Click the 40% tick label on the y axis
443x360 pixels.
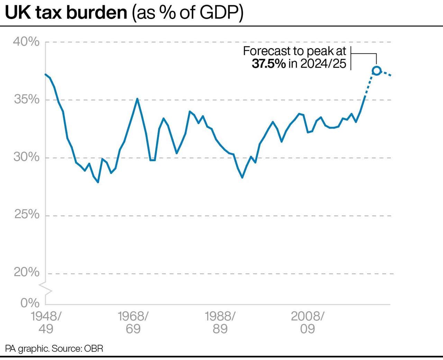point(26,42)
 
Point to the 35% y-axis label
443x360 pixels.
point(27,100)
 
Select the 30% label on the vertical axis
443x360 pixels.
point(27,157)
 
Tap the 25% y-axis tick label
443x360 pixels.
point(27,215)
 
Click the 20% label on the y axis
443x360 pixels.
point(27,272)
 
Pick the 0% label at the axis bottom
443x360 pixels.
point(30,303)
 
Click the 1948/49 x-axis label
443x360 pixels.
point(46,322)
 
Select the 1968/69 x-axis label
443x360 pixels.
point(133,322)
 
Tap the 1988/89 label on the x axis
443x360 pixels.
point(220,322)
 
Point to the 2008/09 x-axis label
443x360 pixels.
point(307,322)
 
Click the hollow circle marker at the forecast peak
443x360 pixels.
point(377,71)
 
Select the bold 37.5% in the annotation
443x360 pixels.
point(269,64)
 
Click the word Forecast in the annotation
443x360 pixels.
point(266,51)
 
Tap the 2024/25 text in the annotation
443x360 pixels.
point(323,64)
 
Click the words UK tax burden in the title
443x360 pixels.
point(66,13)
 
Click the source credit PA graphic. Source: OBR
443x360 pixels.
point(54,348)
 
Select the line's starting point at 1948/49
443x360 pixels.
point(45,74)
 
